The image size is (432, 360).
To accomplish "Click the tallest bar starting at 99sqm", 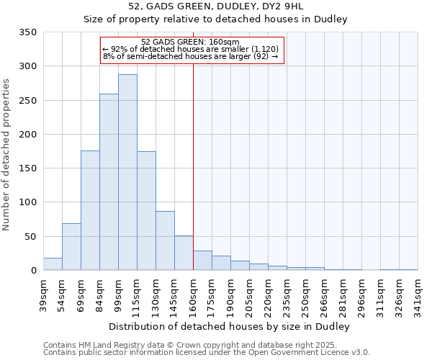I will (x=127, y=173).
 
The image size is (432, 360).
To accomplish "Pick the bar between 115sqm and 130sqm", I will (x=146, y=211).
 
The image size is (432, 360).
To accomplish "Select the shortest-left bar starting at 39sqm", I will (x=53, y=264).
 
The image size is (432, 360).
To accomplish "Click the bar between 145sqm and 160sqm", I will (x=184, y=253).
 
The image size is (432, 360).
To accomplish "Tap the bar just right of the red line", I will (x=202, y=261).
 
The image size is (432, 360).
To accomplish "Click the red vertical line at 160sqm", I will (x=193, y=144).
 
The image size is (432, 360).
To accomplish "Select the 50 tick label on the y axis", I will (x=30, y=237).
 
